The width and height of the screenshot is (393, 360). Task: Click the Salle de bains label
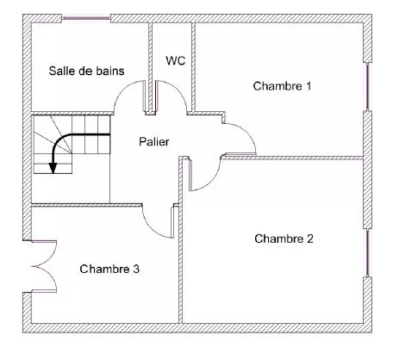(86, 71)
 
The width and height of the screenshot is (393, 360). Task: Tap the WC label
(176, 60)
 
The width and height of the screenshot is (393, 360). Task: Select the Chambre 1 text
(282, 86)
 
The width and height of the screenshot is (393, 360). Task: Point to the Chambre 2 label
(284, 239)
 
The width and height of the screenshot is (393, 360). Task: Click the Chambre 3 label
(109, 269)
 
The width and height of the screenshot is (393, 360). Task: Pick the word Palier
(154, 141)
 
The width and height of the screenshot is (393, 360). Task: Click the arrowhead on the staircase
(53, 168)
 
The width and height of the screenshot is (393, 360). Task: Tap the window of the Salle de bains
(86, 18)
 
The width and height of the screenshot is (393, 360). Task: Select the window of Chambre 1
(368, 86)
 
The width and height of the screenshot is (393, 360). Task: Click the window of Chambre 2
(368, 252)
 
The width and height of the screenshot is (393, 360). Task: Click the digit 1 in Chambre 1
(309, 86)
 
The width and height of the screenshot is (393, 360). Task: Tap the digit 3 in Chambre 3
(136, 269)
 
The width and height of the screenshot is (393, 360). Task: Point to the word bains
(110, 71)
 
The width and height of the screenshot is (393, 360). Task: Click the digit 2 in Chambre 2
(310, 239)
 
